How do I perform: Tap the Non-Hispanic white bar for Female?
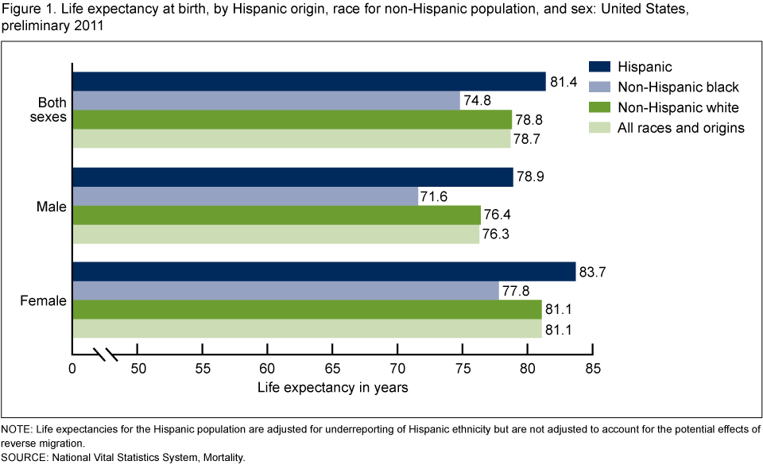point(307,309)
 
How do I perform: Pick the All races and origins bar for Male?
point(276,234)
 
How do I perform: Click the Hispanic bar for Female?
point(323,271)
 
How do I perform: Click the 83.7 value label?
point(592,272)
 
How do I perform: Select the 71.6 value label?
point(434,196)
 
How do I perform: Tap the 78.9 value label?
point(529,177)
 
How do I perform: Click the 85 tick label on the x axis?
point(592,370)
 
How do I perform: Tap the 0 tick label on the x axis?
point(72,370)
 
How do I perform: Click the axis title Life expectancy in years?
point(333,389)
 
